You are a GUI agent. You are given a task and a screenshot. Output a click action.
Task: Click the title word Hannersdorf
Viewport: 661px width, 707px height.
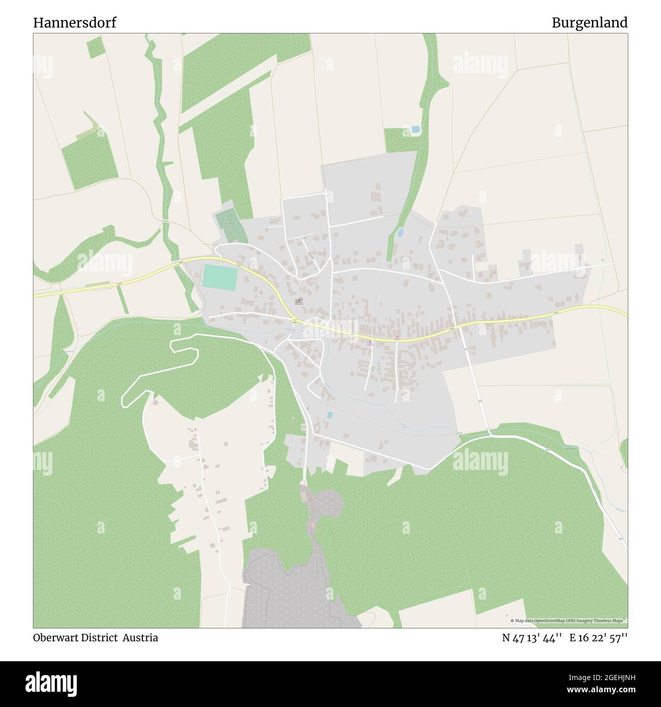[x=75, y=23]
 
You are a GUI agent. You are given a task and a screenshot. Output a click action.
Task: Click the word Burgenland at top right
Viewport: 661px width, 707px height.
[x=589, y=23]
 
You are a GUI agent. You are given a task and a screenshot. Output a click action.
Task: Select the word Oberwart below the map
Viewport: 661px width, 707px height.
[x=55, y=638]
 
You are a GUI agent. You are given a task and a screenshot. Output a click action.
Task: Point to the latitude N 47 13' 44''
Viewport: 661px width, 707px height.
[x=532, y=638]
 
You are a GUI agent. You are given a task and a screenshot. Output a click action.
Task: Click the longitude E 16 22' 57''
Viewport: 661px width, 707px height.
[x=598, y=638]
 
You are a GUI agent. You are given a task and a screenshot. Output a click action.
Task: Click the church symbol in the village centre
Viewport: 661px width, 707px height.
[x=300, y=300]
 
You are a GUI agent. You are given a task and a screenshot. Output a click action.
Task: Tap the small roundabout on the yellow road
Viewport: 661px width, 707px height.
[x=295, y=320]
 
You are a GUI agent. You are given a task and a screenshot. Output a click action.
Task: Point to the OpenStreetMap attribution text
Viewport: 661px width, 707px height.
[x=568, y=621]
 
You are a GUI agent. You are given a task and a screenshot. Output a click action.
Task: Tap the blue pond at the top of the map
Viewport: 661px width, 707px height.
[x=415, y=130]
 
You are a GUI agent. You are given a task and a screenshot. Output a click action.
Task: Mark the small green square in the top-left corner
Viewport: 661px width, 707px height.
[x=95, y=48]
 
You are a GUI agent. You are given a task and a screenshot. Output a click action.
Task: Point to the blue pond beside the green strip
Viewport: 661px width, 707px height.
[x=401, y=232]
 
